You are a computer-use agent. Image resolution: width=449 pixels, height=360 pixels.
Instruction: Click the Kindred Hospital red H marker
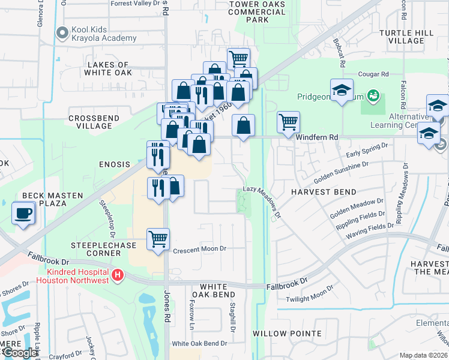tap(118, 275)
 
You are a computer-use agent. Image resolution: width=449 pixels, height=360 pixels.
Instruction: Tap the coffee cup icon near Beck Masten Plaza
tap(23, 214)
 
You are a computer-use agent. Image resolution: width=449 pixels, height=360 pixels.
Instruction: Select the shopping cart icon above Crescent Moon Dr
tap(158, 239)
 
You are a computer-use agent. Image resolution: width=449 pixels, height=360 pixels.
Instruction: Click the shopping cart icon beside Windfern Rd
tap(288, 122)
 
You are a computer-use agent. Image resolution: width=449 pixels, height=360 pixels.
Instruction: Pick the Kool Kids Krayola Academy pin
tap(61, 34)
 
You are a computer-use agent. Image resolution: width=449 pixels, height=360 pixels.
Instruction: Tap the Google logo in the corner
tap(19, 353)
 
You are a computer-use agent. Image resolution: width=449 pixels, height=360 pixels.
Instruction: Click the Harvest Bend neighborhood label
tap(324, 192)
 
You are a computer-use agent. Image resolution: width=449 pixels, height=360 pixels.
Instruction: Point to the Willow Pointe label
tap(279, 333)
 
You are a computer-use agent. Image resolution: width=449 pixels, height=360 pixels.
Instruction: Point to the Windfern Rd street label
tap(318, 137)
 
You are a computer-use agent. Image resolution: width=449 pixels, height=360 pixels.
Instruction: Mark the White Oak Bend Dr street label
tap(199, 344)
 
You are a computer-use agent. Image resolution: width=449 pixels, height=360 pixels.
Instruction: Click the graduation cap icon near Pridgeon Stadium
tap(342, 91)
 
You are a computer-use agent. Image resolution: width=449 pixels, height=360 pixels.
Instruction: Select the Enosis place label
tap(114, 164)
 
